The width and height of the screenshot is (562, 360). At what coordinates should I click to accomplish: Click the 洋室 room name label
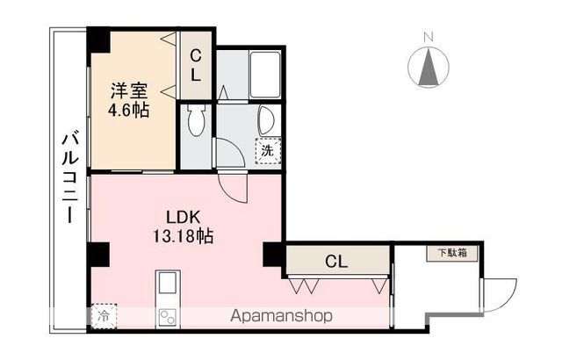coord(128,90)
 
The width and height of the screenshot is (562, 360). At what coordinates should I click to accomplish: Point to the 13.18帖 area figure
coord(182,236)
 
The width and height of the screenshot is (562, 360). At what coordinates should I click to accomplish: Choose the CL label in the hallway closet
coord(335,261)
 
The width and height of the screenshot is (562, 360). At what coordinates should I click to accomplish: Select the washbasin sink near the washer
coord(266,119)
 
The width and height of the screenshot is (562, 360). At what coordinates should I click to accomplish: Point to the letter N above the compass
coord(428,37)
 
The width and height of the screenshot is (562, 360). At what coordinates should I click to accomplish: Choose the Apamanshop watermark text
coord(281,317)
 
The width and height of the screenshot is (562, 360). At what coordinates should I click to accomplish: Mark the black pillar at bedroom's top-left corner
coord(97,40)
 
